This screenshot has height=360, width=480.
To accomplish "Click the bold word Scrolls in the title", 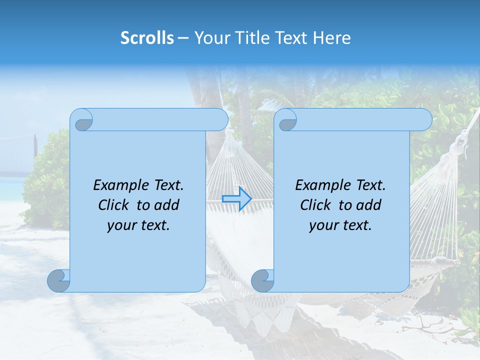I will point(147,38).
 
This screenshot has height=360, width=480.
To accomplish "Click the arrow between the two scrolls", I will point(236,199).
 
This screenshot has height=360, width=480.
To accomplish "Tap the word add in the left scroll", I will point(166,205).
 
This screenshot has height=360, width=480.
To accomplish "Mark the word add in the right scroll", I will point(368,205).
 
